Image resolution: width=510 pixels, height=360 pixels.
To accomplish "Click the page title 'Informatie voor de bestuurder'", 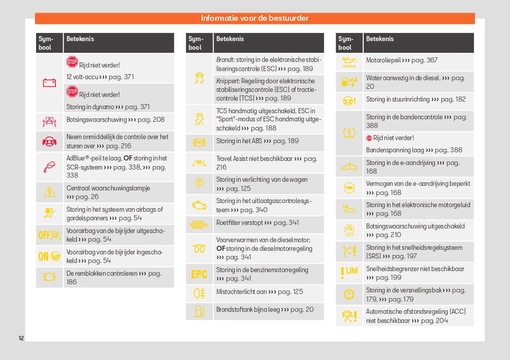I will tap(254, 18).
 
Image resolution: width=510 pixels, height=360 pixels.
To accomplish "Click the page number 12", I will tap(21, 338).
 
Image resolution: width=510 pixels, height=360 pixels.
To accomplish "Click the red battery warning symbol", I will tap(49, 83).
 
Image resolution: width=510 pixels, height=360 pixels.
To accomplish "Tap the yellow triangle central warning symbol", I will tap(49, 192).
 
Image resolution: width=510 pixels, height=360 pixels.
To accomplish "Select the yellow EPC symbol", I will tap(199, 274).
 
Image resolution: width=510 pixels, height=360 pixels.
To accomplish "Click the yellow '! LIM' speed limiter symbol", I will tap(349, 273).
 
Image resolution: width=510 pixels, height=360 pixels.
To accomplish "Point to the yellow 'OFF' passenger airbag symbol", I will tap(49, 235).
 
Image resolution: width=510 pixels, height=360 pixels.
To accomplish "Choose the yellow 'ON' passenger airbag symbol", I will tap(49, 256).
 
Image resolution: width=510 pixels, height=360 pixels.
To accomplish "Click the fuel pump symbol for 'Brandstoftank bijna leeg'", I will tap(199, 310).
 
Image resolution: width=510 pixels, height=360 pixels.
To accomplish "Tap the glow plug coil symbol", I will tap(199, 249).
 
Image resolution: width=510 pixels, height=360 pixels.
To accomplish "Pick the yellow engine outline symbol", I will tap(199, 205).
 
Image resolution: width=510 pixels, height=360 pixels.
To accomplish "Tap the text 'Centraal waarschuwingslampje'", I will tap(108, 188).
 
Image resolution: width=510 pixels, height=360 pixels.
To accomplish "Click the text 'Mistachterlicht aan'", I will tap(241, 291).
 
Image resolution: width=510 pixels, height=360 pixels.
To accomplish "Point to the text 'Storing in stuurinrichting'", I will tap(398, 100).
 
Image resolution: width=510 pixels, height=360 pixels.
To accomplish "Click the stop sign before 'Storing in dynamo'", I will tap(72, 92).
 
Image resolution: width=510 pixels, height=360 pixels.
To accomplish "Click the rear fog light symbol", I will tap(199, 293).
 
